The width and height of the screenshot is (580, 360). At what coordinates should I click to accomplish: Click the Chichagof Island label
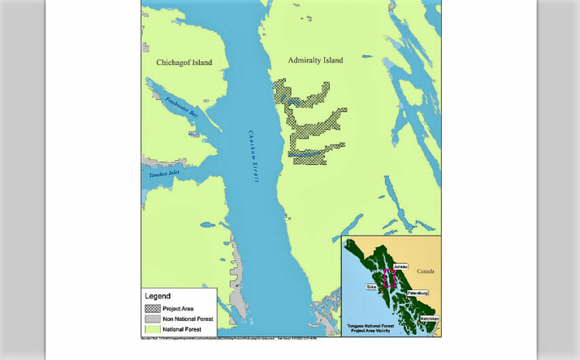pos(184,63)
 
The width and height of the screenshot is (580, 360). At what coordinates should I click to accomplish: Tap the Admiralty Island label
pos(315,61)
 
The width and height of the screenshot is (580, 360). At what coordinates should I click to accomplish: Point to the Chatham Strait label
pos(254,157)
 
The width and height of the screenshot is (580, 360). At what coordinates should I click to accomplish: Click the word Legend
pos(157,296)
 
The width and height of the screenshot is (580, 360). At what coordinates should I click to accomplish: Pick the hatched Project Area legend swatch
pos(152,308)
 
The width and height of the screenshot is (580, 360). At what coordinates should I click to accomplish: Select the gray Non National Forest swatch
pos(152,319)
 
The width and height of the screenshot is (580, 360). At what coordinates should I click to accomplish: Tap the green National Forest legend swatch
pos(152,329)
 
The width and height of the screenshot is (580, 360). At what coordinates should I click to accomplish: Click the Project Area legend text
pos(178,308)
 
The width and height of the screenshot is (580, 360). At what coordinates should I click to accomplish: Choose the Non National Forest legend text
pos(188,319)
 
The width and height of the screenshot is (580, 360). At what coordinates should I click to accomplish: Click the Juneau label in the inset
pos(400,266)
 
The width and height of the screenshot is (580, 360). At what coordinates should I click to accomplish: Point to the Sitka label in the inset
pos(371,287)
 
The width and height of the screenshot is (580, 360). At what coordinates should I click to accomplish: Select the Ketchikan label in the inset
pos(430,319)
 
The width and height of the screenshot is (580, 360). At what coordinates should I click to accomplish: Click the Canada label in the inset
pos(426,271)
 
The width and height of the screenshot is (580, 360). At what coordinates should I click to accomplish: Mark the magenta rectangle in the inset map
pos(389,278)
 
